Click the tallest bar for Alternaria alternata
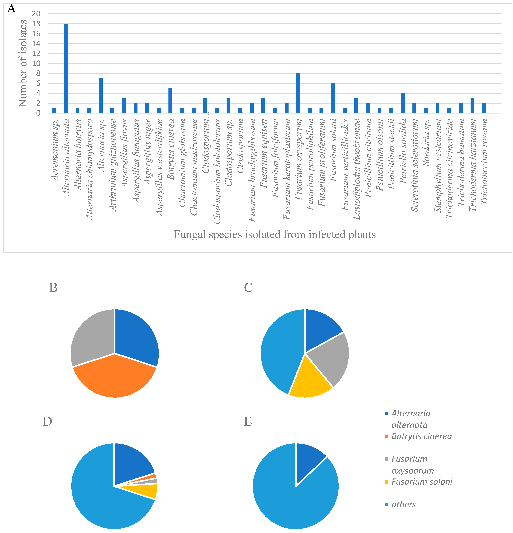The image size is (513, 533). tap(66, 68)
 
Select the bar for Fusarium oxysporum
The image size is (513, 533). tap(298, 93)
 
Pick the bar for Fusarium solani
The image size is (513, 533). tap(333, 98)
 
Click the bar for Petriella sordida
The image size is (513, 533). tap(403, 103)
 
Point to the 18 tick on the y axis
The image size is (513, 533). tap(36, 24)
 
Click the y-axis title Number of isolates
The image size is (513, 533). tap(23, 63)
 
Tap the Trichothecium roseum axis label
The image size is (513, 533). tap(484, 162)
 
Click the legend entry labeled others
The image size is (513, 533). tap(403, 504)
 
